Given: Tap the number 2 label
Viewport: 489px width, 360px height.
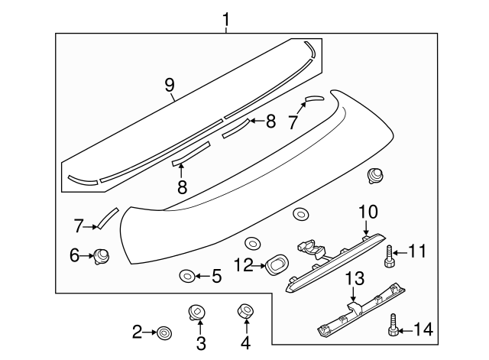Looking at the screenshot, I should pos(137,331).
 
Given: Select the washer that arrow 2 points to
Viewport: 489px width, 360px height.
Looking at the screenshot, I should pos(163,332).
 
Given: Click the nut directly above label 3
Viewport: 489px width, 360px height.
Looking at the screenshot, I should pos(196,312).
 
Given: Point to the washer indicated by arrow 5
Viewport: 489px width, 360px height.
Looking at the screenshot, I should pos(186,275).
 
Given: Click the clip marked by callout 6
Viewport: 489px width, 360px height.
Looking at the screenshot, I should pos(100,256).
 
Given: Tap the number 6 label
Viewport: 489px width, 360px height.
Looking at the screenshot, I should pos(75,256).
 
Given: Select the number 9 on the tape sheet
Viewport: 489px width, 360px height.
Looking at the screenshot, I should pos(170,86).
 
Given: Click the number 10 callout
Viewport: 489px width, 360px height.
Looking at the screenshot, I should pos(368,210).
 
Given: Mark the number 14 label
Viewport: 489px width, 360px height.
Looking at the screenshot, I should pos(424,329).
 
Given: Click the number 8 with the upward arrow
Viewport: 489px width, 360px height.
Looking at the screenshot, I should pos(182,186).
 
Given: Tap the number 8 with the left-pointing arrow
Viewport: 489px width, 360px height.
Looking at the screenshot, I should pos(270,121).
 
